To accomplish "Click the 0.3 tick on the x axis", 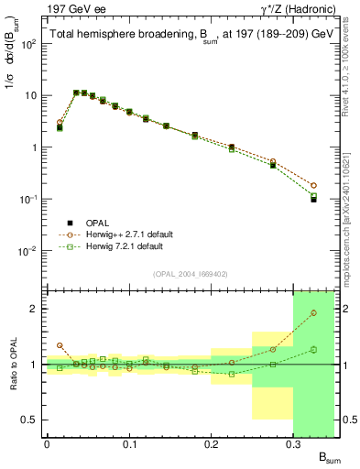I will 293,443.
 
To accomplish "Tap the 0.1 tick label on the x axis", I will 129,443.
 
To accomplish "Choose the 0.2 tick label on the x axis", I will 211,443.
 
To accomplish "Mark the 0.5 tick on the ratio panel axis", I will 32,420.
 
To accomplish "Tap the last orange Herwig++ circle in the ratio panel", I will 313,313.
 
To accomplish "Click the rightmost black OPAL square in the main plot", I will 313,199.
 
